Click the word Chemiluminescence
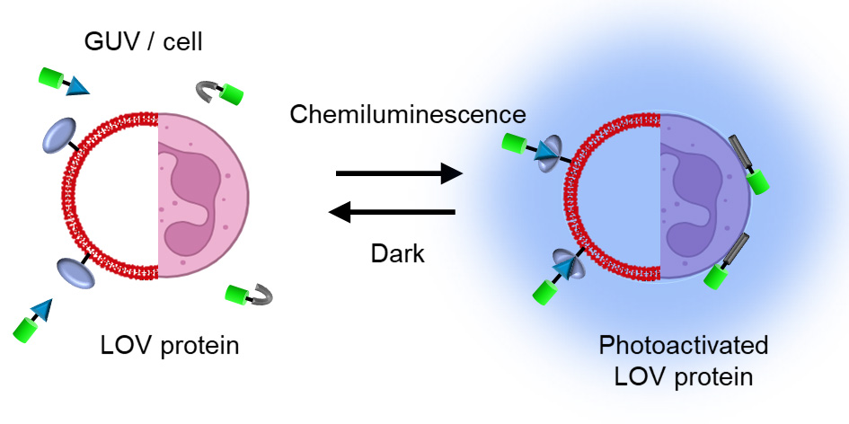click(407, 114)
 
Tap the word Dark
click(398, 254)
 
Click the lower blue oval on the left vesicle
click(75, 271)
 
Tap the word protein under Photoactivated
click(709, 375)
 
